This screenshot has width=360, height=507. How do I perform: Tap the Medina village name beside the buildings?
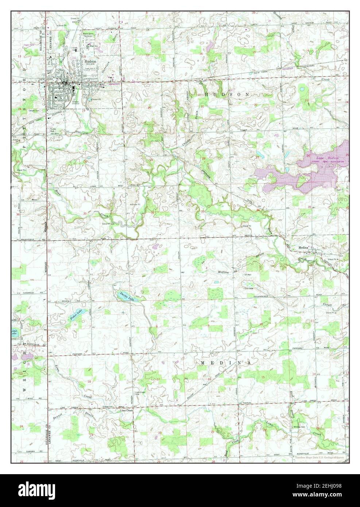[303, 248]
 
